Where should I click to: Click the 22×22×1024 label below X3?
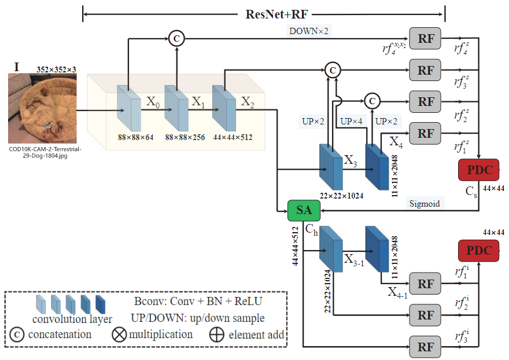pos(341,196)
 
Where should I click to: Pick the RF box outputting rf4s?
pos(426,38)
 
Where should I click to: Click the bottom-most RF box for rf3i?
pos(426,347)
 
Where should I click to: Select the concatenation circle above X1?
pos(176,39)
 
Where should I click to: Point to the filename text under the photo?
pos(42,152)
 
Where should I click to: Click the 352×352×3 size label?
pos(56,69)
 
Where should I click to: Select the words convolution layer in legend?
pos(72,319)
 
